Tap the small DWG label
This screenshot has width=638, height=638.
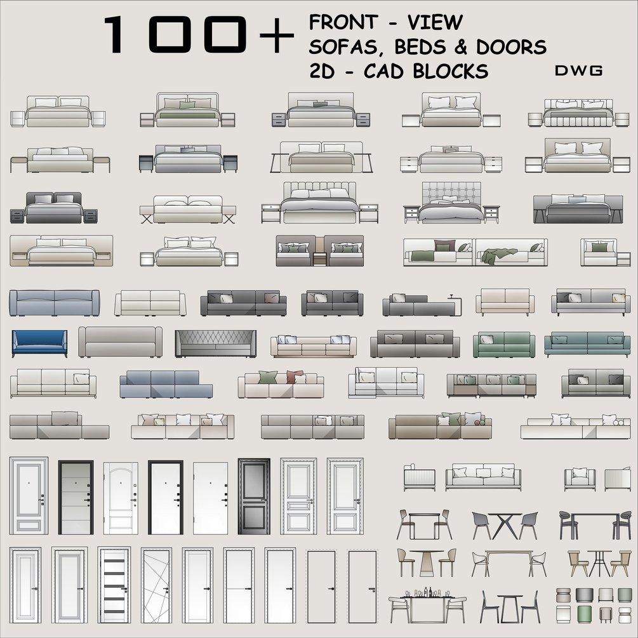tap(578, 71)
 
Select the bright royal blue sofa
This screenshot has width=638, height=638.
tap(39, 343)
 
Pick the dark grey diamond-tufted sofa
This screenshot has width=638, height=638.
tap(216, 343)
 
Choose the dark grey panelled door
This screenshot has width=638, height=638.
tap(254, 497)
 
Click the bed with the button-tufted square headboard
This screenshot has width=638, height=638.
tap(451, 203)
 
